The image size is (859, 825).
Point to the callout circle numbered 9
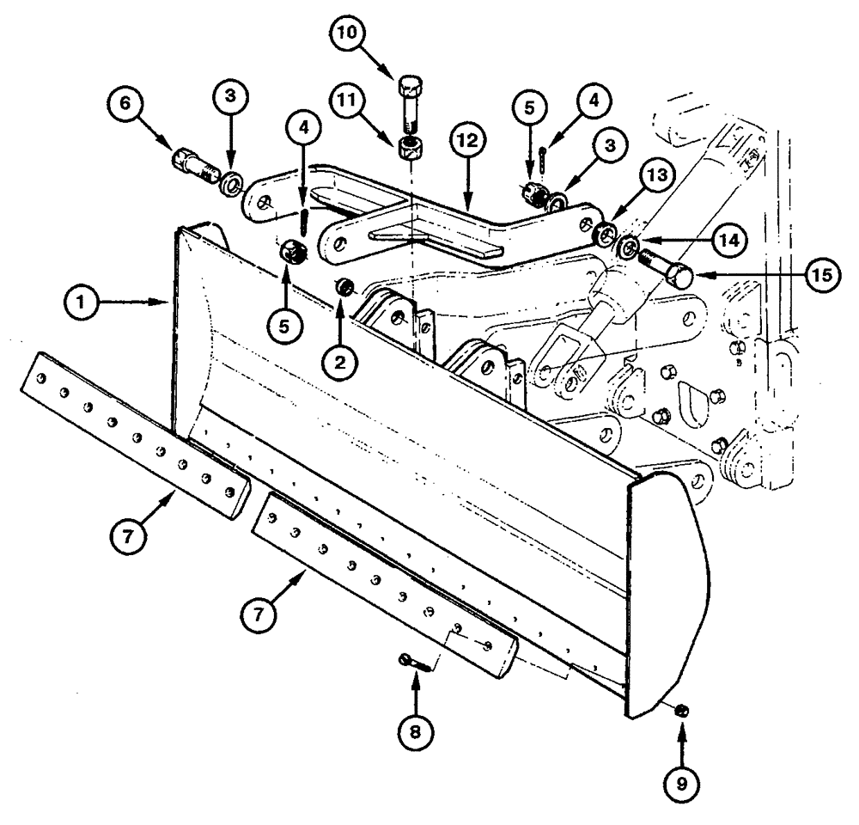click(x=680, y=782)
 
